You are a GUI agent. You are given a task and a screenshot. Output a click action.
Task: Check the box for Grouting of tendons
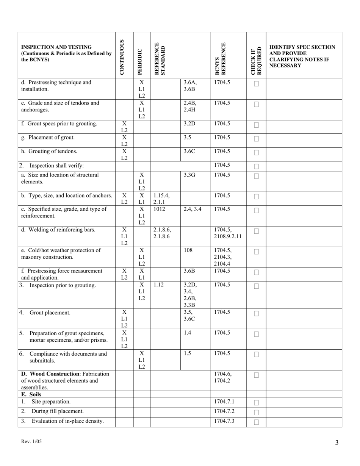point(257,153)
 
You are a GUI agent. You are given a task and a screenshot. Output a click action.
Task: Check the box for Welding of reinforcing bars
point(257,231)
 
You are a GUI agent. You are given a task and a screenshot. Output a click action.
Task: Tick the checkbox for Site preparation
point(257,403)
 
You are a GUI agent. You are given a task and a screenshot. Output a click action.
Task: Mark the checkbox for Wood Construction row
point(257,375)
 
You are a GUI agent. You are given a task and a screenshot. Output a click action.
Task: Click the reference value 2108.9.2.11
point(229,236)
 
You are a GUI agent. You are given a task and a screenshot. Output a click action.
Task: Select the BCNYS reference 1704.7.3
point(224,421)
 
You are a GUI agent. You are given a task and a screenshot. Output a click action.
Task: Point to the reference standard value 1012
point(160,209)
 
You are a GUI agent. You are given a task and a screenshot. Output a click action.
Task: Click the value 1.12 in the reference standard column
point(159,285)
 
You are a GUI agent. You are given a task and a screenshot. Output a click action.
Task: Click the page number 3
point(337,443)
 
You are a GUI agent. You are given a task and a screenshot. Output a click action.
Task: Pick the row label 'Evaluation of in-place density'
point(67,421)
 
